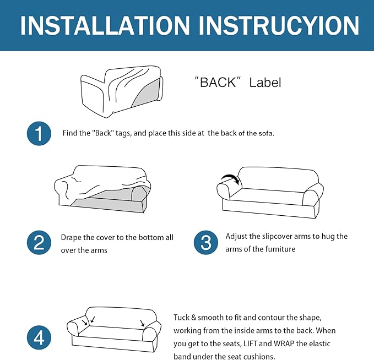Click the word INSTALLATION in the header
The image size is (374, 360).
point(105,26)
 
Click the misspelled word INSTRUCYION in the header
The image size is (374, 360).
point(279,26)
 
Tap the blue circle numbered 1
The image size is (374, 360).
point(39,134)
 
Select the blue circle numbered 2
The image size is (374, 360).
point(39,242)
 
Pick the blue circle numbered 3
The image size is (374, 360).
point(206,242)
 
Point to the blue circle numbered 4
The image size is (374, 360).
point(39,337)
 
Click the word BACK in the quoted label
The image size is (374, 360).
point(218,83)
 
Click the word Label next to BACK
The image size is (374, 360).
point(265,83)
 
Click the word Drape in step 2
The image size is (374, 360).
point(71,238)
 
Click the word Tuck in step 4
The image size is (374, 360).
point(181,318)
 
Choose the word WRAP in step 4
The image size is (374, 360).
point(284,343)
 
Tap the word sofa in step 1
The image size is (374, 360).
point(267,133)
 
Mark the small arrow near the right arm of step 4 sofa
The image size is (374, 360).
point(143,323)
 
